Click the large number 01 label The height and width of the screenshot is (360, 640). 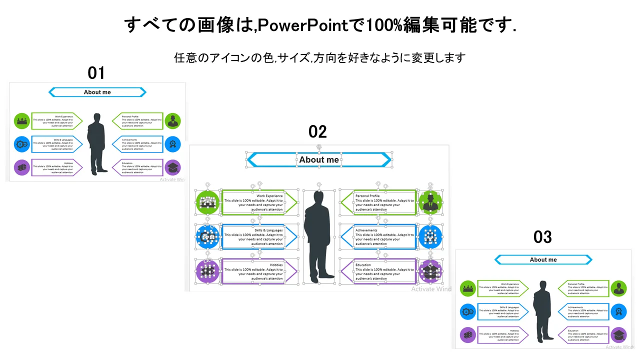[x=96, y=73]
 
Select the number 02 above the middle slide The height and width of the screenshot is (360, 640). [x=317, y=132]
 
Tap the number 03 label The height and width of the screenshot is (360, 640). [x=542, y=237]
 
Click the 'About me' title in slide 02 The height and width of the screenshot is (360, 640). [x=319, y=160]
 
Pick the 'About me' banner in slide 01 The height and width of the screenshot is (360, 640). [x=97, y=92]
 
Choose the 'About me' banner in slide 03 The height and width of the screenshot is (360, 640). [x=543, y=259]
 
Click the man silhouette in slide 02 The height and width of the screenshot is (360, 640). [x=319, y=235]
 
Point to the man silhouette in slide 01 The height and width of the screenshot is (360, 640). [x=96, y=143]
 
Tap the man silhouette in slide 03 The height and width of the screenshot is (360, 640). [x=541, y=311]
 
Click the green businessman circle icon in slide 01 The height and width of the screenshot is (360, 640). [x=172, y=120]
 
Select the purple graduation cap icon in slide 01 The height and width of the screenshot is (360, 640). [x=172, y=167]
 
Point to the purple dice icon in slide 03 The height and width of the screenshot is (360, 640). [x=468, y=335]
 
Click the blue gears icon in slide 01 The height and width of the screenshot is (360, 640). [x=22, y=144]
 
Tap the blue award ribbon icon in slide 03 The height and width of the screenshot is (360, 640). [x=618, y=311]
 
